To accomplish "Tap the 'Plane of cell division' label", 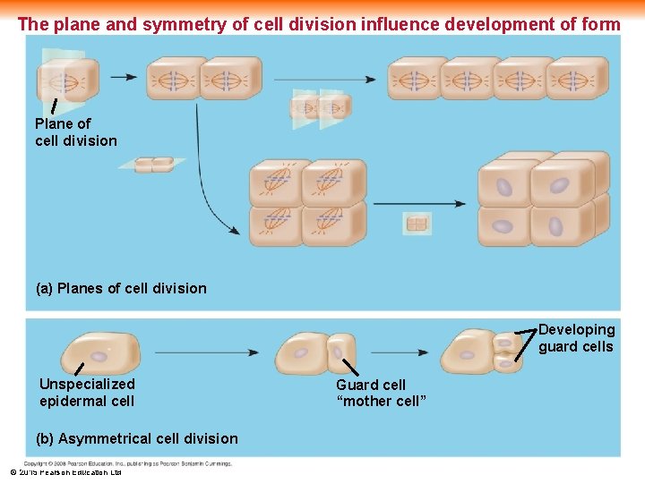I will [75, 131].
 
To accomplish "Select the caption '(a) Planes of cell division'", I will [120, 288].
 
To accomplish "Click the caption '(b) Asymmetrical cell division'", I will [136, 438].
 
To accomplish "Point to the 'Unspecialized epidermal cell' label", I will [87, 393].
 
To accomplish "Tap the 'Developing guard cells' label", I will [576, 338].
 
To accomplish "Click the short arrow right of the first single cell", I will [124, 77].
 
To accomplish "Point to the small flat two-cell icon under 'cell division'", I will [153, 165].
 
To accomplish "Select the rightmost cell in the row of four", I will [576, 79].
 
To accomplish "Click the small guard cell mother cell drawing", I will [341, 352].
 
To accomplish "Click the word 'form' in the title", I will [600, 24].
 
